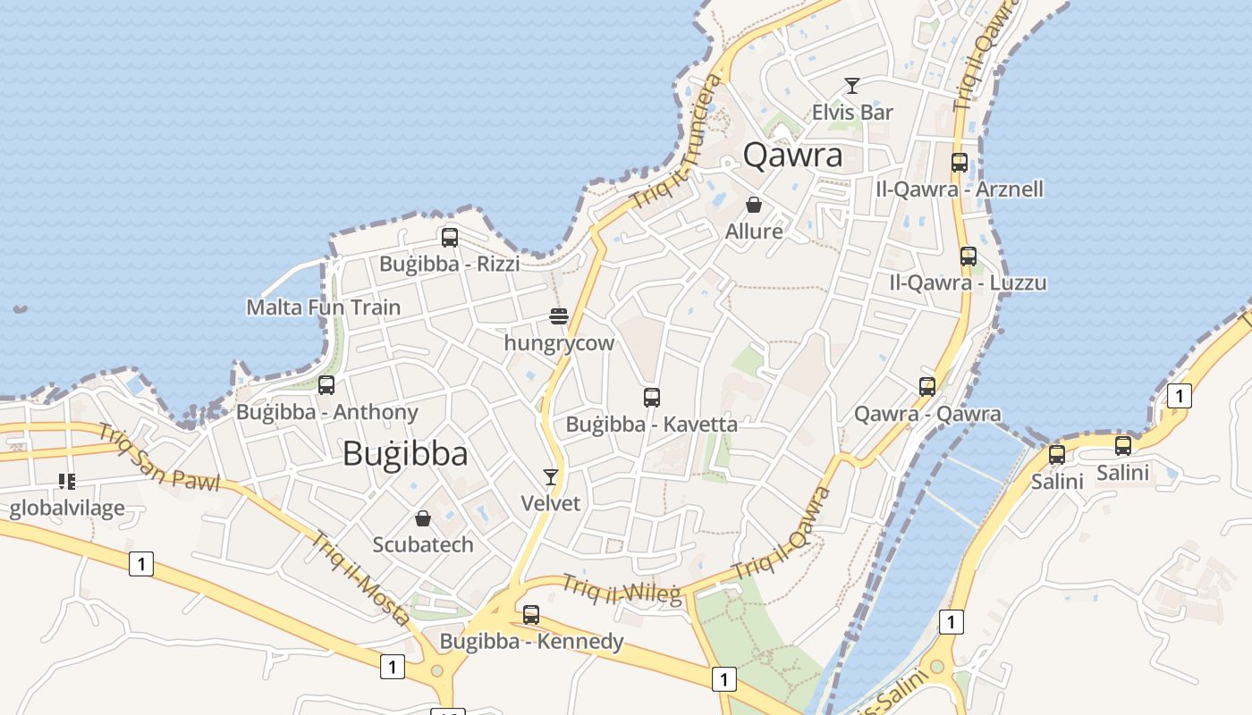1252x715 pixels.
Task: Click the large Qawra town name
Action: click(x=792, y=156)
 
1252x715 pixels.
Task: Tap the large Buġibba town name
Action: click(x=405, y=454)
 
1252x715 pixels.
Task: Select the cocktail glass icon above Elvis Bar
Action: click(x=852, y=86)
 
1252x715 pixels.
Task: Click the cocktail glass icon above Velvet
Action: click(x=551, y=477)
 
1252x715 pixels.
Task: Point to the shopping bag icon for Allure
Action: click(x=754, y=205)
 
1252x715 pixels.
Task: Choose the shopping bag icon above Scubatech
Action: click(x=423, y=518)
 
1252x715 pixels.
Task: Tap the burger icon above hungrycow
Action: click(x=559, y=316)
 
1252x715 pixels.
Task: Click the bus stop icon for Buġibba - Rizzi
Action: click(x=450, y=238)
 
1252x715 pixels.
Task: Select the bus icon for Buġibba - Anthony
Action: click(x=326, y=385)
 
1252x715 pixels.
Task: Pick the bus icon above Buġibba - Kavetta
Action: click(x=652, y=398)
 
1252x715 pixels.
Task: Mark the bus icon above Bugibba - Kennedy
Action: click(x=531, y=615)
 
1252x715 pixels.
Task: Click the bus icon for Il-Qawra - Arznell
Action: click(x=960, y=163)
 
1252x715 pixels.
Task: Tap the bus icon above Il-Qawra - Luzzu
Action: click(x=968, y=257)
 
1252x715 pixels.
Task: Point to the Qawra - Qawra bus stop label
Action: click(x=927, y=414)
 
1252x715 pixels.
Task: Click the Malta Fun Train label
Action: click(x=324, y=307)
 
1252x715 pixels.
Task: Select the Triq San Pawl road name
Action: click(x=159, y=458)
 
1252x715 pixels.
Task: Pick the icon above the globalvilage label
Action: click(x=67, y=482)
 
